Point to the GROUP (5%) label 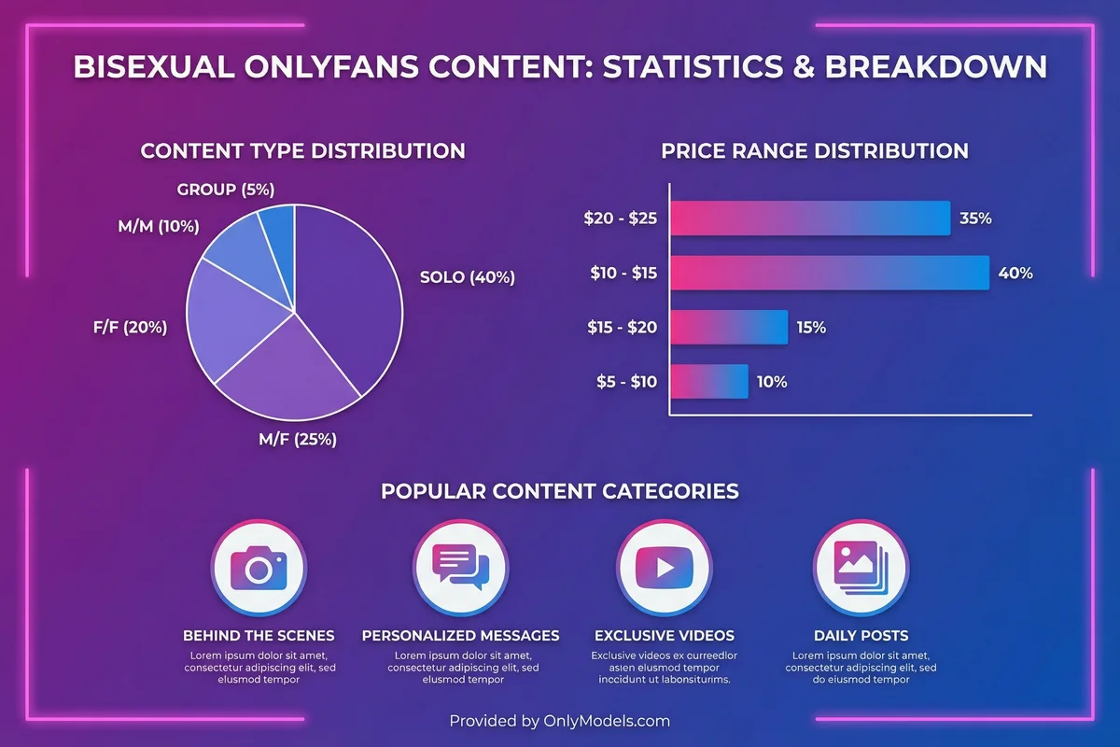[226, 190]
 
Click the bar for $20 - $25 [810, 219]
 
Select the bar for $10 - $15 [830, 274]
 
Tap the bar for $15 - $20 [729, 328]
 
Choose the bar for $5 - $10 [709, 382]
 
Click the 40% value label [1015, 274]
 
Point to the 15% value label [811, 328]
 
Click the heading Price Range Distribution [815, 150]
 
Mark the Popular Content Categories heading [560, 491]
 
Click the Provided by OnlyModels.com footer [560, 721]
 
